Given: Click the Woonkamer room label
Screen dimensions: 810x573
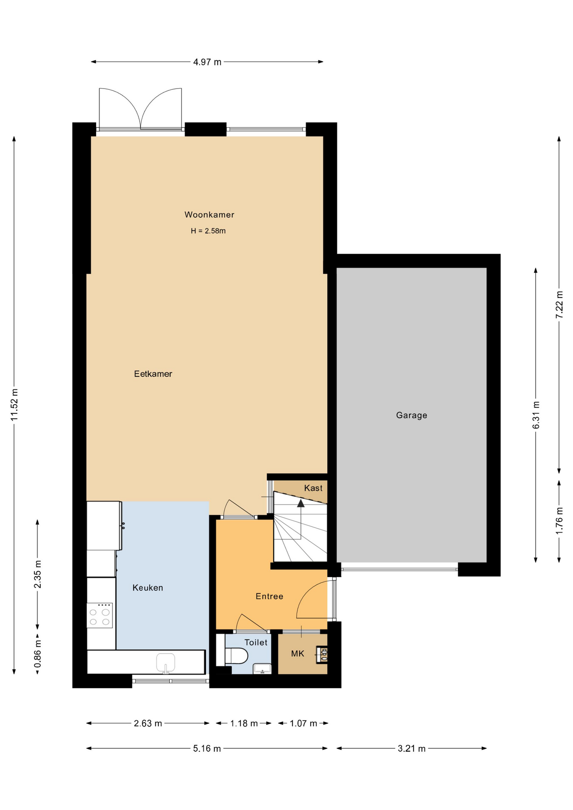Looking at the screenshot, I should (x=209, y=215).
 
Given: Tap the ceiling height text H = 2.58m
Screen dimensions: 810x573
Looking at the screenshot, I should (x=208, y=231).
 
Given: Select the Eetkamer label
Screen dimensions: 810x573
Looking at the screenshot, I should (x=153, y=374).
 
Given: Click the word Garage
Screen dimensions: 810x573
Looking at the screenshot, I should (x=411, y=416).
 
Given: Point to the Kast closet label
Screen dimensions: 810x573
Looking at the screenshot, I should (x=313, y=488).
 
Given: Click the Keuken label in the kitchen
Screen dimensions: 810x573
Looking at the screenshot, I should (x=148, y=588).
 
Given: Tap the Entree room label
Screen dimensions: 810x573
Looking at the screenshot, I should (x=269, y=596).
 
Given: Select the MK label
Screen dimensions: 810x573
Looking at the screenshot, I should (x=297, y=654).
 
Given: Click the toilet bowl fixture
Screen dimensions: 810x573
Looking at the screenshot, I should (x=235, y=656).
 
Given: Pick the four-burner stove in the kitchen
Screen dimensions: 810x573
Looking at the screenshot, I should (x=100, y=616).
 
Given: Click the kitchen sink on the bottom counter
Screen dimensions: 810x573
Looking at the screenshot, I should (x=165, y=663).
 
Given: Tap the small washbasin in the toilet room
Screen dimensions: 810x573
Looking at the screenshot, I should (x=262, y=669).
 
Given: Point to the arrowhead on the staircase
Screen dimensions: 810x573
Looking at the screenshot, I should (x=301, y=503).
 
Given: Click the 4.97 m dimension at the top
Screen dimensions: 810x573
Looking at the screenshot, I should (x=207, y=62).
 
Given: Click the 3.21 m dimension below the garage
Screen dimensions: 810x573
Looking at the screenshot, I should (x=411, y=749).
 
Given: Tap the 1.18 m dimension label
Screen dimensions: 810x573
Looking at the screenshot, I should (x=243, y=724).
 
